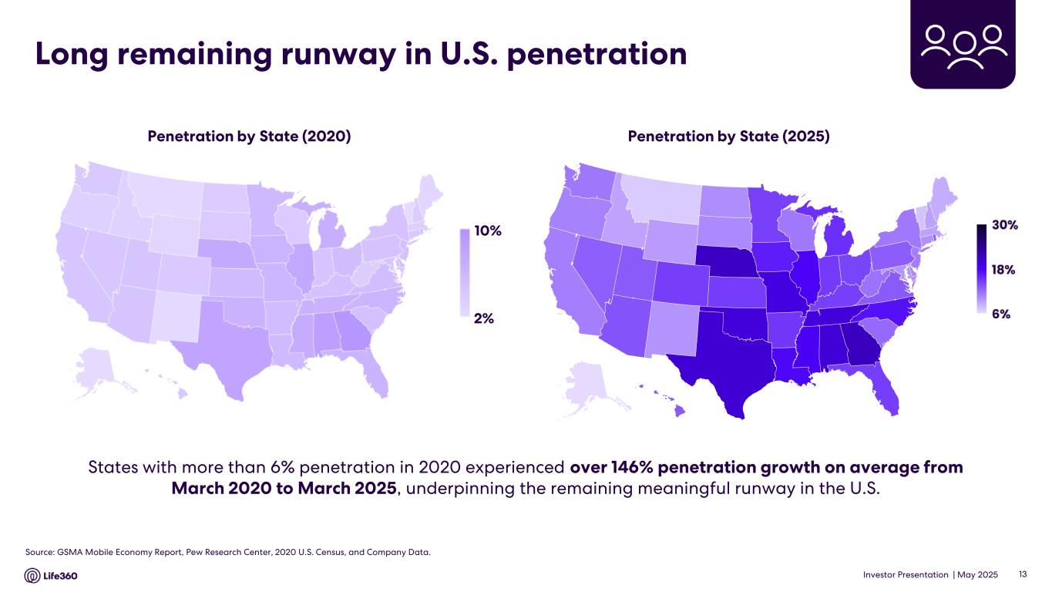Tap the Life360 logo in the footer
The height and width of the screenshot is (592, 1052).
(51, 576)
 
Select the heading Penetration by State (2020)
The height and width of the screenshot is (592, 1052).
(249, 136)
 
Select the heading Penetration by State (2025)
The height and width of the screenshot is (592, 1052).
(728, 136)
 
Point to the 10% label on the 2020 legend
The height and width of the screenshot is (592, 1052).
(487, 231)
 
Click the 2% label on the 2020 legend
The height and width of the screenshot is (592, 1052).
(483, 318)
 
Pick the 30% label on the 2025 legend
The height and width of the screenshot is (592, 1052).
(1005, 225)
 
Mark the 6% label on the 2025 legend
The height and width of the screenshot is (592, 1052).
(1001, 314)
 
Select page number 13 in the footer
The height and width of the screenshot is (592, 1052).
(1023, 574)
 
